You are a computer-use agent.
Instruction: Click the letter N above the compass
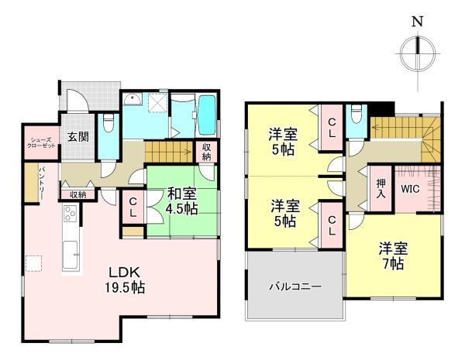[x=417, y=22]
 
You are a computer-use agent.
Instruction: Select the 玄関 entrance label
[x=77, y=138]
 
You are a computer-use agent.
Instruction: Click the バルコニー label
[x=294, y=286]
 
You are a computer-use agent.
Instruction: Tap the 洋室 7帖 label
[x=392, y=255]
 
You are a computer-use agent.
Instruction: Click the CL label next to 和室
[x=133, y=206]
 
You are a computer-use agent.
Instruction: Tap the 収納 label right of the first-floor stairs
[x=207, y=153]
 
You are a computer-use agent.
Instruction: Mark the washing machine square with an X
[x=157, y=103]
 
